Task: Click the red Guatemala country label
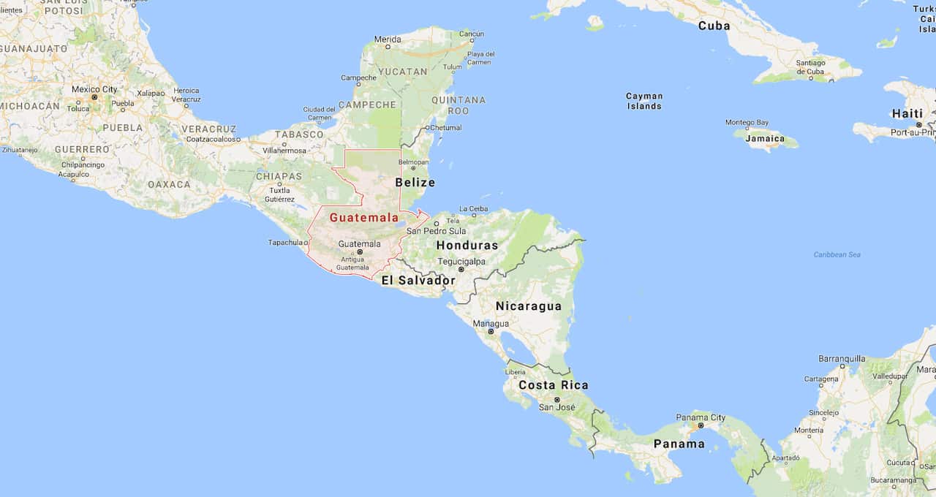point(364,217)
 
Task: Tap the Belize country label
point(415,182)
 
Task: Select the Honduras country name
point(467,246)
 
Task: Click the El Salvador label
point(418,280)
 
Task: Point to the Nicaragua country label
point(529,306)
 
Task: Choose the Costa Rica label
point(554,385)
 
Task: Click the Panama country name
point(679,444)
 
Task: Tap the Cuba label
point(714,26)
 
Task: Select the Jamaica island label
point(765,139)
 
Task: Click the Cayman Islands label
point(644,101)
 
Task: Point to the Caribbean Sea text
point(837,254)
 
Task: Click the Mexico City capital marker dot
point(94,97)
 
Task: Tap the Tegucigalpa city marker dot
point(461,270)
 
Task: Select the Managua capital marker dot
point(491,332)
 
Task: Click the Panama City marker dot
point(701,425)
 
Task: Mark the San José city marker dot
point(557,399)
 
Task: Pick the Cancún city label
point(472,34)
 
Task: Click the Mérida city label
point(388,39)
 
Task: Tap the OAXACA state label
point(169,184)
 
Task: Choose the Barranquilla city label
point(842,359)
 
